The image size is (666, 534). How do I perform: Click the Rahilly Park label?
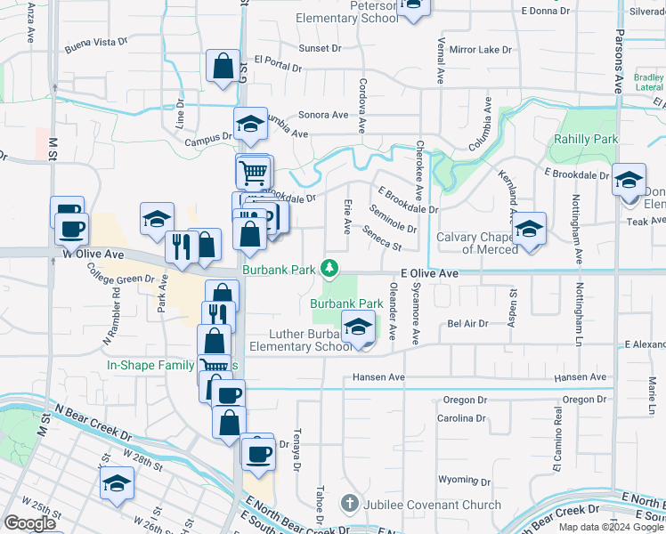pyautogui.click(x=585, y=140)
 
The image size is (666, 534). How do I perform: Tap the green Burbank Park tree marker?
pyautogui.click(x=329, y=267)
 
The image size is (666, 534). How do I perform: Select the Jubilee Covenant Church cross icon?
pyautogui.click(x=349, y=504)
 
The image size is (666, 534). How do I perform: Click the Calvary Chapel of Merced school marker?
pyautogui.click(x=529, y=230)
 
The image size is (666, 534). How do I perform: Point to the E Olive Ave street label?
pyautogui.click(x=429, y=274)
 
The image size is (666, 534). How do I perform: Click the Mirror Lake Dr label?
pyautogui.click(x=481, y=50)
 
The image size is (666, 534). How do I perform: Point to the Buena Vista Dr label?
pyautogui.click(x=96, y=42)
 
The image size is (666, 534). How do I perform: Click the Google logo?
pyautogui.click(x=29, y=523)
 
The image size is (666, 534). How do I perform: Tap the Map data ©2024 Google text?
pyautogui.click(x=612, y=526)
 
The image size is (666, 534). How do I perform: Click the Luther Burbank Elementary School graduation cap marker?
pyautogui.click(x=358, y=328)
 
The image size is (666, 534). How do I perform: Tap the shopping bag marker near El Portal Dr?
pyautogui.click(x=223, y=67)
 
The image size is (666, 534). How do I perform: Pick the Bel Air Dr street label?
pyautogui.click(x=468, y=324)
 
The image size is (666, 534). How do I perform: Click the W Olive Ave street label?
pyautogui.click(x=93, y=255)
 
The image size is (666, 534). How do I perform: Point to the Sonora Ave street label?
pyautogui.click(x=323, y=115)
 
